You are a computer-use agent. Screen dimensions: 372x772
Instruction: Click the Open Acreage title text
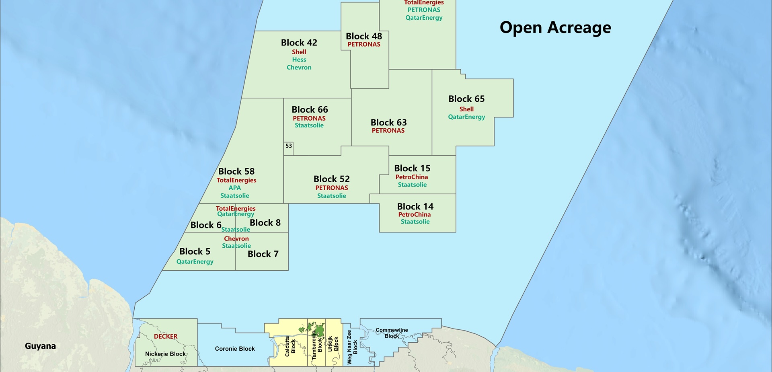click(x=555, y=28)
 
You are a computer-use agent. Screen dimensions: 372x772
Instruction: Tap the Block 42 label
click(x=299, y=43)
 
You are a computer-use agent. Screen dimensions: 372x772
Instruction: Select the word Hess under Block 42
click(x=299, y=60)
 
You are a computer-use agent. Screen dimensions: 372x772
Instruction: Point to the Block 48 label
click(x=364, y=36)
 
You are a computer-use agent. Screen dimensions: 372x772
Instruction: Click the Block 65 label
click(x=466, y=99)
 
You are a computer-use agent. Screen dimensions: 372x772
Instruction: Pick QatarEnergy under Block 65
click(x=466, y=117)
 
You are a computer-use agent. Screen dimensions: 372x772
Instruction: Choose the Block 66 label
click(x=310, y=110)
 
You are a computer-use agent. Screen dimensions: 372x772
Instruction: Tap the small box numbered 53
click(x=289, y=146)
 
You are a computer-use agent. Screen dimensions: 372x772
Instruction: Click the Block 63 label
click(x=388, y=123)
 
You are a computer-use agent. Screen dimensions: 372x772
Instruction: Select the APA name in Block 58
click(x=235, y=188)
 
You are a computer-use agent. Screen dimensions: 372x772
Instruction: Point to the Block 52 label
click(x=331, y=179)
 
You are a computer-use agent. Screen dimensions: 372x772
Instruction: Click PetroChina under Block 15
click(x=412, y=177)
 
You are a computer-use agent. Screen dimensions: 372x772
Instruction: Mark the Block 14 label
click(x=415, y=207)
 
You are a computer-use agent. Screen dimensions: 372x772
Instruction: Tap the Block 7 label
click(x=263, y=254)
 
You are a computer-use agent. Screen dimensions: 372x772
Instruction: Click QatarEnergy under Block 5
click(x=195, y=262)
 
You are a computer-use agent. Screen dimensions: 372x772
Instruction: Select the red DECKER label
click(x=166, y=337)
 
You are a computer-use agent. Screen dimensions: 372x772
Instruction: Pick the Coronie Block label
click(x=235, y=349)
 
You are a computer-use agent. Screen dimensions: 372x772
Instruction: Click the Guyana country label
click(x=40, y=346)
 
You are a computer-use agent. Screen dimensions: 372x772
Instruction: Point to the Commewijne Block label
click(x=392, y=333)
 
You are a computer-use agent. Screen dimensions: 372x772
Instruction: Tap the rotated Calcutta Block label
click(x=290, y=346)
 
